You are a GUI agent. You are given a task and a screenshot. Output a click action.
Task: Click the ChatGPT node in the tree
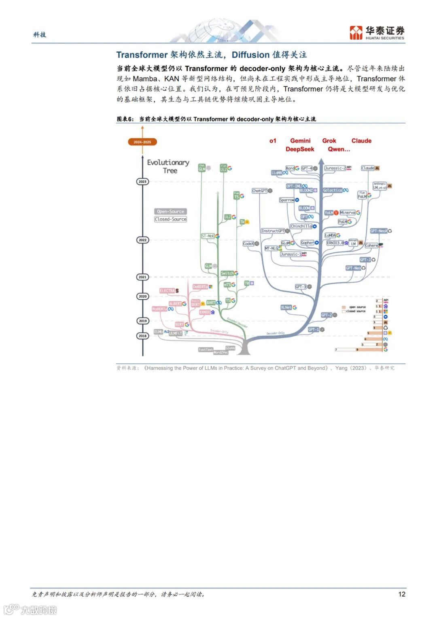click(x=259, y=191)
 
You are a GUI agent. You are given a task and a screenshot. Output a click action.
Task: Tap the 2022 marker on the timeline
click(x=142, y=240)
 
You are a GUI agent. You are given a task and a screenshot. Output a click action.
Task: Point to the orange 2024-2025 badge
click(x=142, y=142)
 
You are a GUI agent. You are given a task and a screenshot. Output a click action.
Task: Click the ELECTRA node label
click(x=168, y=291)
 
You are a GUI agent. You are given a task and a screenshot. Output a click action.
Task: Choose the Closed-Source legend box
click(x=170, y=219)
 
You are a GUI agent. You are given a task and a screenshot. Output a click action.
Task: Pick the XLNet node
click(x=286, y=307)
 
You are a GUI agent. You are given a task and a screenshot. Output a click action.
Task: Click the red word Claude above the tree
click(x=361, y=141)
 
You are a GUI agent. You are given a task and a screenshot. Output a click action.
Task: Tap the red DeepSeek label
click(x=300, y=149)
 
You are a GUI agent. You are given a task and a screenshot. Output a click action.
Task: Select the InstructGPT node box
click(x=273, y=231)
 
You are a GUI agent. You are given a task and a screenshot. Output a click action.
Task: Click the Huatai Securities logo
click(x=377, y=32)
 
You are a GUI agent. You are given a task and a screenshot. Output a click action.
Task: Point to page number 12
click(x=401, y=594)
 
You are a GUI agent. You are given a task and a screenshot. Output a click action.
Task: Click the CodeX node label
click(x=248, y=244)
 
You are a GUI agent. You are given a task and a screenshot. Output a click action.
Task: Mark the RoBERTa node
click(x=159, y=309)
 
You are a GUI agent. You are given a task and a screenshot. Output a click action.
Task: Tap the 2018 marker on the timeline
click(x=142, y=336)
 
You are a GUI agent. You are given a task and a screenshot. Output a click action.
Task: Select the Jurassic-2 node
click(x=335, y=168)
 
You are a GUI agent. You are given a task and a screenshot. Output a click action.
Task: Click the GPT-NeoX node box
click(x=379, y=231)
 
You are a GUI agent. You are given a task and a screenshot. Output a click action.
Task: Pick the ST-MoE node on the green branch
click(x=208, y=236)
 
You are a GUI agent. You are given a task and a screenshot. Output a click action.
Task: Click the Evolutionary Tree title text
click(x=168, y=166)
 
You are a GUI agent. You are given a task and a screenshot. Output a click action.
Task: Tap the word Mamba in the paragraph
click(x=144, y=79)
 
